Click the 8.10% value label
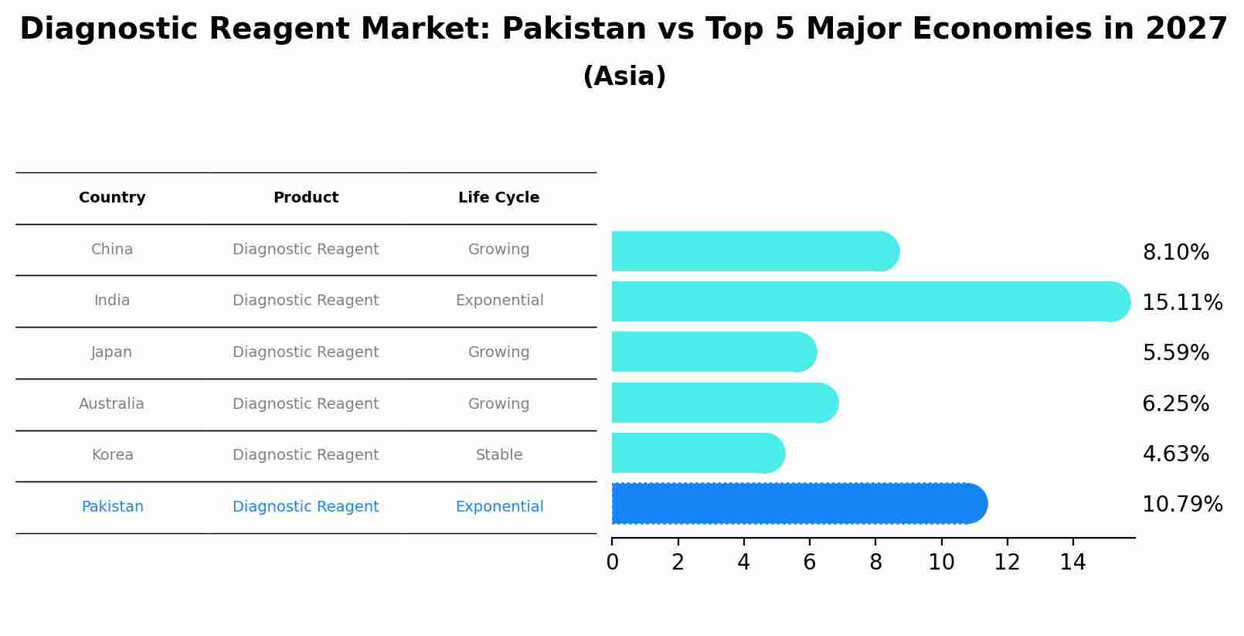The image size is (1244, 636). (1175, 253)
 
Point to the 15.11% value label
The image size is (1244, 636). (1182, 302)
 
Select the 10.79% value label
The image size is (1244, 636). (1182, 505)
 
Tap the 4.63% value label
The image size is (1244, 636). (1175, 454)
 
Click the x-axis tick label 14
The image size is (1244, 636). (1072, 563)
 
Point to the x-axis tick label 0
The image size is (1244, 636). (612, 563)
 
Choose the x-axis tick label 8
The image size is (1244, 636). (875, 563)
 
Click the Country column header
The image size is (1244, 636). (112, 198)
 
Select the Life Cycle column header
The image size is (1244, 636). (498, 198)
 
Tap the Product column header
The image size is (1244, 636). (306, 198)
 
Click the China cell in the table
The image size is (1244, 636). (112, 250)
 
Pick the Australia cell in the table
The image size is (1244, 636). (111, 404)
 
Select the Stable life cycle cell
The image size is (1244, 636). (499, 455)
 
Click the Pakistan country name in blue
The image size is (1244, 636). (112, 507)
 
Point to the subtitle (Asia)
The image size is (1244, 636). (624, 77)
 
